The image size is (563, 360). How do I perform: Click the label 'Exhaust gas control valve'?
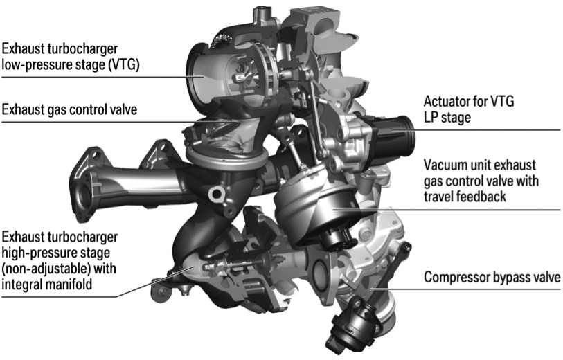click(69, 109)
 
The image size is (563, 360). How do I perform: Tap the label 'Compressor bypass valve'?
click(492, 278)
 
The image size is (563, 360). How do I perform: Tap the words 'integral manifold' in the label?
click(47, 285)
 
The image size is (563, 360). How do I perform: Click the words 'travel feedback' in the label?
click(465, 197)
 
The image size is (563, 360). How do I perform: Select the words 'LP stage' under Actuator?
click(447, 118)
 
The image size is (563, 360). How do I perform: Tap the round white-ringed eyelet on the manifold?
click(217, 194)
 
